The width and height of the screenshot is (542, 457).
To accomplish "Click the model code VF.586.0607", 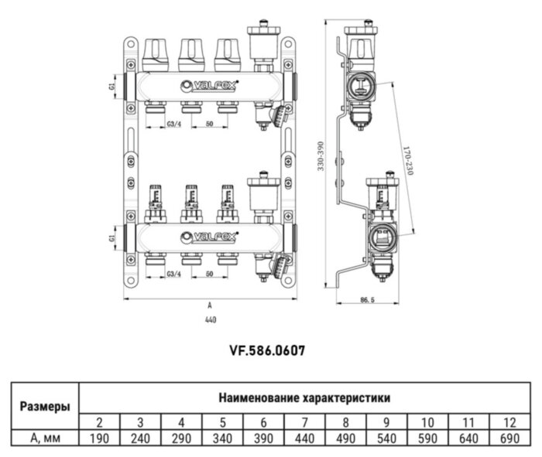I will click(x=266, y=350).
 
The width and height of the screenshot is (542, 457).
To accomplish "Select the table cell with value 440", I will click(x=304, y=438).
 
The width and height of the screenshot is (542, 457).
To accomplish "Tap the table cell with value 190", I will click(x=100, y=438).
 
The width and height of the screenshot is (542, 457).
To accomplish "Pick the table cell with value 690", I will click(x=509, y=438).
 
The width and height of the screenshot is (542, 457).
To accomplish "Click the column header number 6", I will click(x=263, y=422).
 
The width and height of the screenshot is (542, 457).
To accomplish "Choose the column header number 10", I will click(x=427, y=422).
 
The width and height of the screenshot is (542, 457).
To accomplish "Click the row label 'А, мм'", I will click(x=42, y=438).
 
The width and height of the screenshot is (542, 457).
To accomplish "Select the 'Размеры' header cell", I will click(x=42, y=406).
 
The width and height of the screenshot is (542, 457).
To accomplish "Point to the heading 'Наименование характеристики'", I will click(x=304, y=398).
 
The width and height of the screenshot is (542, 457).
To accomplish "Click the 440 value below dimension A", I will click(x=211, y=319).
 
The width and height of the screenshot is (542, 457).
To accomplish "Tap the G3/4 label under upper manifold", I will click(x=175, y=124).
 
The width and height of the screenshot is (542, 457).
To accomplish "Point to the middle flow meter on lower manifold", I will click(x=190, y=201).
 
